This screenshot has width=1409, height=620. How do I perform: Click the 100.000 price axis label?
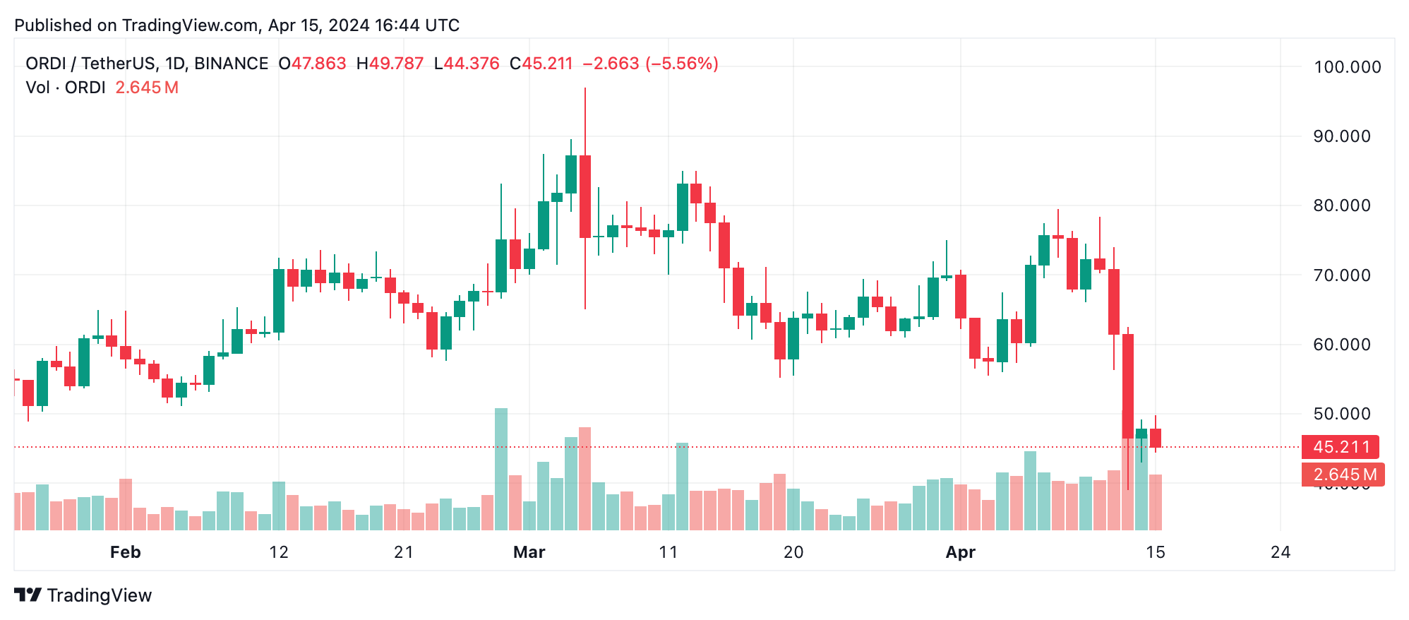(1347, 67)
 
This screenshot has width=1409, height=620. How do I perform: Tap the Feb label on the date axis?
(126, 552)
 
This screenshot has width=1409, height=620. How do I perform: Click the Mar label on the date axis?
(529, 552)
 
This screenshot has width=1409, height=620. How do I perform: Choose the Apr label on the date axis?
(960, 552)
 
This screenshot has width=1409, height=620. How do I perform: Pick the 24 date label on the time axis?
(1280, 552)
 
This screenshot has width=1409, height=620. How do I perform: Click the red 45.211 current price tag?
(1341, 447)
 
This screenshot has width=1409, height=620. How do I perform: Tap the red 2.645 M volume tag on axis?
(1343, 475)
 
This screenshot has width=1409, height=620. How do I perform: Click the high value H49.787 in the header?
(390, 64)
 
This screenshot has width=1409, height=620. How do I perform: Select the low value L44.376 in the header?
(467, 64)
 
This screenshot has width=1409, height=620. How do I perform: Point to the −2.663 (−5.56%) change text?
(650, 64)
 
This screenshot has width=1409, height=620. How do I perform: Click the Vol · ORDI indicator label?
(66, 88)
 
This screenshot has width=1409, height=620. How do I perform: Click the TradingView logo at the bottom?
(83, 595)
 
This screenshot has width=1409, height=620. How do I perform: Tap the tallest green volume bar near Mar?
(501, 469)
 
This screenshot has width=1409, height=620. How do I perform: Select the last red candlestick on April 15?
(1156, 438)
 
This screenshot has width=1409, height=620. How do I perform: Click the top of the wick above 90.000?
(585, 89)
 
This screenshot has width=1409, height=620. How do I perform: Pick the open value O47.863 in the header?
(312, 64)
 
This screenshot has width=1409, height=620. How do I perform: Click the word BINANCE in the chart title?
(231, 64)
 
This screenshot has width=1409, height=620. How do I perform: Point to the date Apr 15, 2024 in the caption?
(318, 25)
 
